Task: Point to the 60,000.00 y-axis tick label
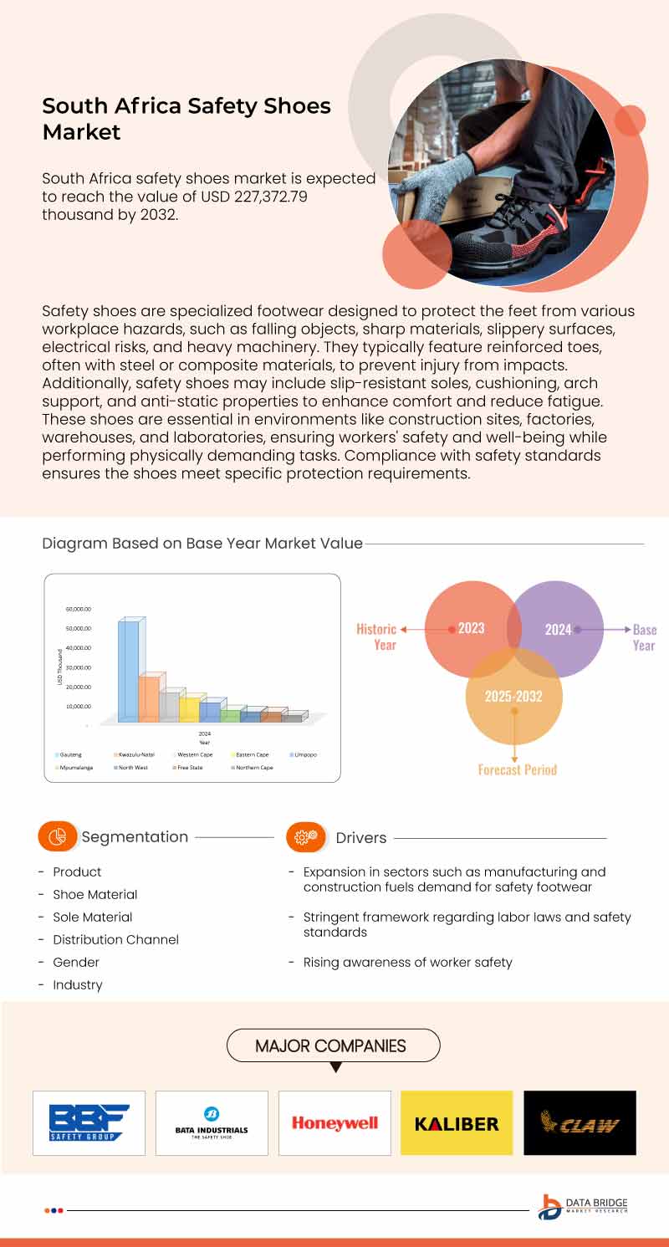pyautogui.click(x=79, y=610)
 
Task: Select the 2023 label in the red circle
pyautogui.click(x=471, y=628)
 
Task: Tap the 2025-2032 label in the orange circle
pyautogui.click(x=513, y=696)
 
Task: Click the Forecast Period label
pyautogui.click(x=517, y=769)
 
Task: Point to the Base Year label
pyautogui.click(x=644, y=637)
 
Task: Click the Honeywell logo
pyautogui.click(x=334, y=1123)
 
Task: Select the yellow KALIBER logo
pyautogui.click(x=457, y=1123)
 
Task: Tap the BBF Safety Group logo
pyautogui.click(x=89, y=1123)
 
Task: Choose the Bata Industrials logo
pyautogui.click(x=212, y=1123)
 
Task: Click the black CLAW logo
pyautogui.click(x=580, y=1123)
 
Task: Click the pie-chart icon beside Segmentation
pyautogui.click(x=58, y=836)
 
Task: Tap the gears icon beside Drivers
pyautogui.click(x=305, y=836)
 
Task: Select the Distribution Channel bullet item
pyautogui.click(x=115, y=939)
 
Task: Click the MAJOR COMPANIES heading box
pyautogui.click(x=334, y=1045)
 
